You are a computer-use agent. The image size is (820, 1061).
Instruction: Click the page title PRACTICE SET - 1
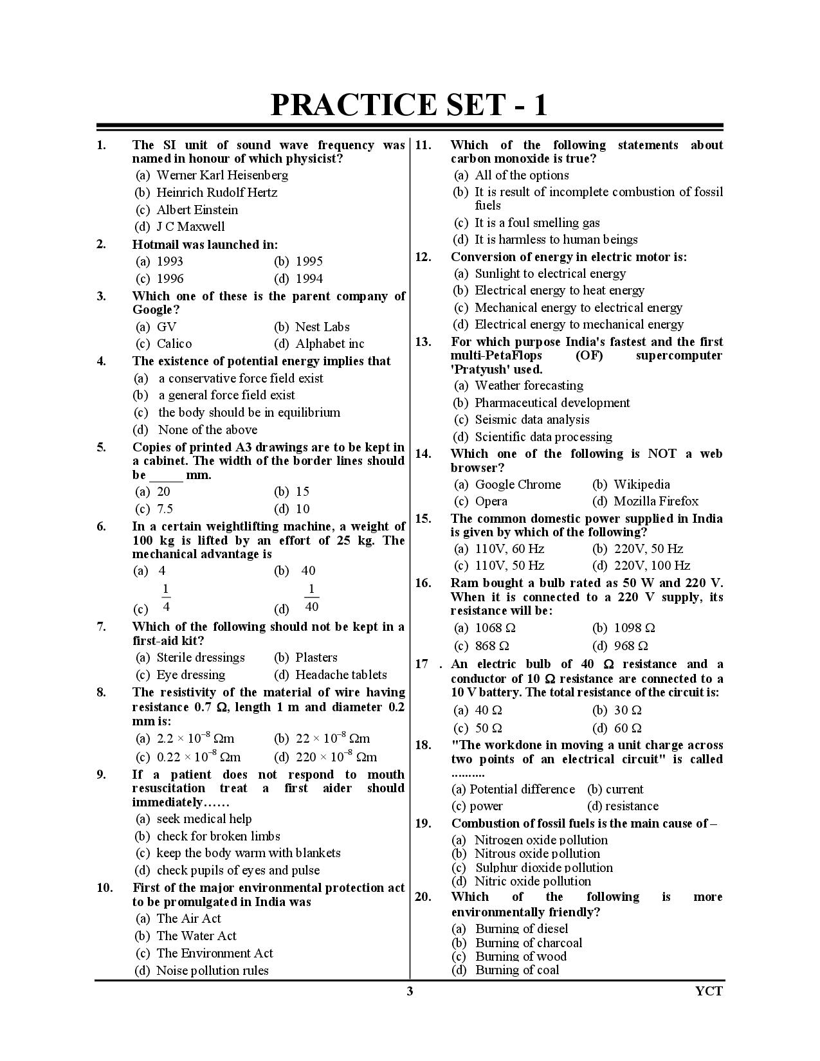pyautogui.click(x=409, y=105)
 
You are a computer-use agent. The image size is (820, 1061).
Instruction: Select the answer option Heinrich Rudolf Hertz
pyautogui.click(x=217, y=192)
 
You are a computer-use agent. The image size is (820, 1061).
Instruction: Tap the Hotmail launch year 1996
pyautogui.click(x=170, y=278)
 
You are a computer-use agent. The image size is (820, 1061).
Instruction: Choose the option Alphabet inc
pyautogui.click(x=329, y=343)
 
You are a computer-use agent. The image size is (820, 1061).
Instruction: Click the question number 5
pyautogui.click(x=102, y=447)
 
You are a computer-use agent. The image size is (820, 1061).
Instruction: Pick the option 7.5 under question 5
pyautogui.click(x=165, y=509)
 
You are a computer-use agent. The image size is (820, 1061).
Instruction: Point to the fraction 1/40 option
pyautogui.click(x=311, y=598)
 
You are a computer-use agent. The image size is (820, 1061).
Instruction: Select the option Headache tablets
pyautogui.click(x=340, y=675)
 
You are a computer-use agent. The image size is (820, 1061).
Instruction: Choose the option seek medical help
pyautogui.click(x=204, y=819)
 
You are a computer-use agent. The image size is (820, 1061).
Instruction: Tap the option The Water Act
pyautogui.click(x=196, y=936)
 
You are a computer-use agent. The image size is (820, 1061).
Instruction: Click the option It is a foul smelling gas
pyautogui.click(x=536, y=222)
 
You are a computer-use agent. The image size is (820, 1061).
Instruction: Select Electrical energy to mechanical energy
pyautogui.click(x=579, y=325)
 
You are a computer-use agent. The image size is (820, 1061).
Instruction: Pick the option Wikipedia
pyautogui.click(x=641, y=484)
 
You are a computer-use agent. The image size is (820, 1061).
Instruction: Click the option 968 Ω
pyautogui.click(x=630, y=646)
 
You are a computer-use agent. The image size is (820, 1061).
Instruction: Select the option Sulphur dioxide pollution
pyautogui.click(x=543, y=867)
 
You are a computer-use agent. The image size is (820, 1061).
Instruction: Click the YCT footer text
pyautogui.click(x=709, y=990)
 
